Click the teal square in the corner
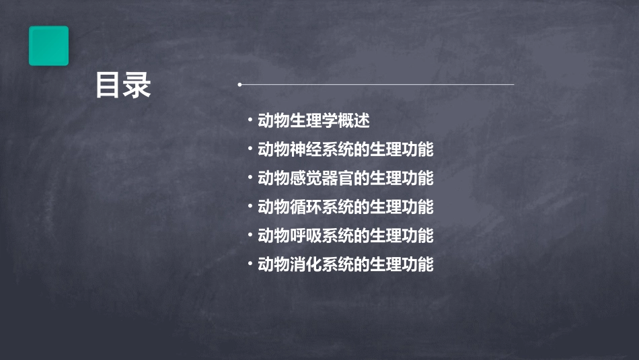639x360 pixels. click(x=48, y=46)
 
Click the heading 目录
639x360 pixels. click(x=123, y=85)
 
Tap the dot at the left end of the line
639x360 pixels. click(x=239, y=85)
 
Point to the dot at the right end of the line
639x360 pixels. click(x=513, y=85)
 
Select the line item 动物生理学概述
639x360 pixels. click(x=313, y=121)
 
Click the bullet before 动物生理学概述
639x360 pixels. click(x=250, y=121)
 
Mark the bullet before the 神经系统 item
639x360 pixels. click(x=250, y=149)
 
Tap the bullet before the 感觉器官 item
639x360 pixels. click(x=250, y=178)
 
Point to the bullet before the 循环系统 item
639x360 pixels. click(x=250, y=207)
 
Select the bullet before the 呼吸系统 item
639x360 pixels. click(x=250, y=236)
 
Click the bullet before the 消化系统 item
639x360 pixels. click(x=250, y=264)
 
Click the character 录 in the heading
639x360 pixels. click(x=138, y=85)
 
